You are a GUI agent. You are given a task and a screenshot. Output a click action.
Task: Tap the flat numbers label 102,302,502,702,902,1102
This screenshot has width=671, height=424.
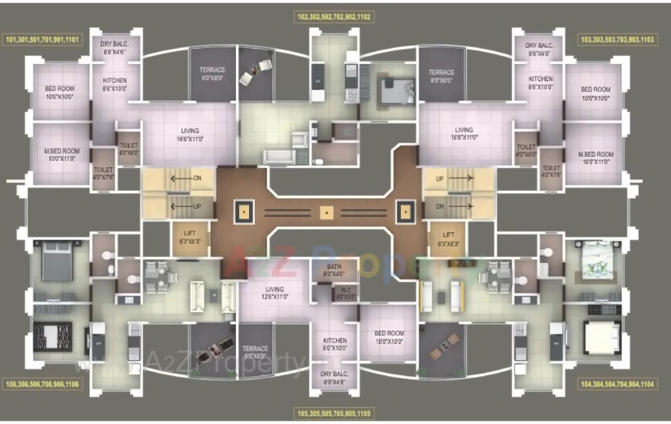(x=334, y=17)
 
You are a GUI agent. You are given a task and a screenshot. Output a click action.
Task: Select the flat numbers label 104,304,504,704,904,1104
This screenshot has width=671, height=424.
(x=617, y=384)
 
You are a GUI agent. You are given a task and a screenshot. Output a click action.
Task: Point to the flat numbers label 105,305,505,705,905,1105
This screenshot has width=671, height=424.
(x=334, y=414)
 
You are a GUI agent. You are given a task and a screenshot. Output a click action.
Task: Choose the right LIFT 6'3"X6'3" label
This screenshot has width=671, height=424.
(x=448, y=238)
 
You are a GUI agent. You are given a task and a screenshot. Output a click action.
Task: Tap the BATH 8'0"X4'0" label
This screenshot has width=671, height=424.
(x=334, y=269)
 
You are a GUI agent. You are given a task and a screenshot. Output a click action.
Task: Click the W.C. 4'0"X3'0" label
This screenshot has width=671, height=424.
(x=345, y=292)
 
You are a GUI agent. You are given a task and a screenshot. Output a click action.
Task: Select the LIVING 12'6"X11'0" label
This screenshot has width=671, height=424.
(x=274, y=292)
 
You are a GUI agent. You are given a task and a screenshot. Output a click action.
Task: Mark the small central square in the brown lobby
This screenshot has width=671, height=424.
(x=326, y=212)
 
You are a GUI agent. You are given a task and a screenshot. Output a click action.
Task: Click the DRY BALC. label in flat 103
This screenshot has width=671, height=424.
(x=538, y=49)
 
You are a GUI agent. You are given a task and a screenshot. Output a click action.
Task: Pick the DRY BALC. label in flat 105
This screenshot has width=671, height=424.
(x=334, y=377)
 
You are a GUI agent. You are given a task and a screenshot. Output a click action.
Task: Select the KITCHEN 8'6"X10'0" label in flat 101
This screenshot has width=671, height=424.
(x=114, y=84)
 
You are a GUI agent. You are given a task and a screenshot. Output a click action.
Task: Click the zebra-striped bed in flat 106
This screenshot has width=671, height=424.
(x=52, y=336)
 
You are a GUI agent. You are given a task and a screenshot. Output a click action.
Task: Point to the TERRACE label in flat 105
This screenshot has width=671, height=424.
(x=255, y=352)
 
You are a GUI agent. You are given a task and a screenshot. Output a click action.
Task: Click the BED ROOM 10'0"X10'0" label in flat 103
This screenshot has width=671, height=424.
(x=596, y=93)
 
